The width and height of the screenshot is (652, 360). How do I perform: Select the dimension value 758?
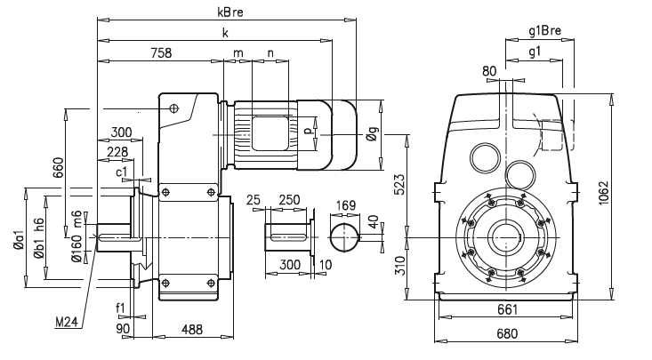pos(160,54)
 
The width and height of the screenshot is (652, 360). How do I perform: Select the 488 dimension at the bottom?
pos(191,329)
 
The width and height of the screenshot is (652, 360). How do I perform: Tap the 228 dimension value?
pos(117,151)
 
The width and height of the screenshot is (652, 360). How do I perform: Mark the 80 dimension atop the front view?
pos(488,70)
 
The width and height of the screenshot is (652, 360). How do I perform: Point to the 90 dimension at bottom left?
pos(125,329)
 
